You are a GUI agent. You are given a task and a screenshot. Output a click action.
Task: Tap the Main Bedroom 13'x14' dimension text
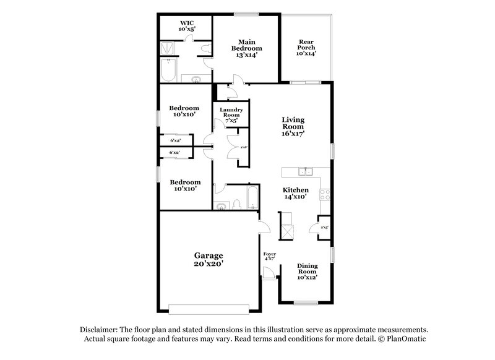pos(246,55)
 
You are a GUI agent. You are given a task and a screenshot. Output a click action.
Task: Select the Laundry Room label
pos(231,113)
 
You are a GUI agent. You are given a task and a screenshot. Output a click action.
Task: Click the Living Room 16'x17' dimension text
pos(294,133)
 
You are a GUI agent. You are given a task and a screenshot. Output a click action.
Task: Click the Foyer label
pos(269,254)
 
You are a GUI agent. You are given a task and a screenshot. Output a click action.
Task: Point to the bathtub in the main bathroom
pos(168,70)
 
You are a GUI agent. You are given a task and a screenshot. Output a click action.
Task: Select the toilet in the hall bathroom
pos(237,205)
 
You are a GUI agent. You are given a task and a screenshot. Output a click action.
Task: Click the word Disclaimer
pos(101,330)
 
